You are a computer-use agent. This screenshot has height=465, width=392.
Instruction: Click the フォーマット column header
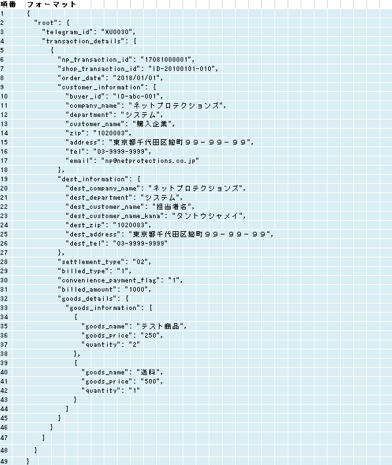(52, 4)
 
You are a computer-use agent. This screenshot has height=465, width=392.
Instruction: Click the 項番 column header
(8, 4)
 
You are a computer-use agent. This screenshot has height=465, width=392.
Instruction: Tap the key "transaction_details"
(83, 41)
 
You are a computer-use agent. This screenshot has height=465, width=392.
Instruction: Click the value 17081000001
(166, 60)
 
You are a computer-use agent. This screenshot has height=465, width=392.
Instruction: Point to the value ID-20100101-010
(182, 69)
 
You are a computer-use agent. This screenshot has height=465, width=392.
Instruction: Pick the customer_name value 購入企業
(152, 124)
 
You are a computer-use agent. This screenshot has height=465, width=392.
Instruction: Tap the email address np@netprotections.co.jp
(150, 161)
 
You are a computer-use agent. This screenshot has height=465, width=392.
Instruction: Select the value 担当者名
(172, 207)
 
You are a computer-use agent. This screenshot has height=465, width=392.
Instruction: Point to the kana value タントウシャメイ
(208, 216)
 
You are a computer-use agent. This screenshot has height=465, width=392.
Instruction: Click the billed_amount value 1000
(137, 290)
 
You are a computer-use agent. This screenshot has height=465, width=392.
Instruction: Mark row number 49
(4, 461)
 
